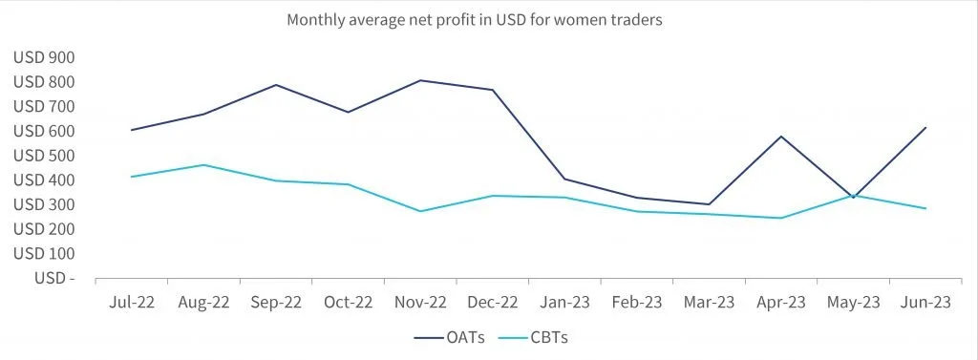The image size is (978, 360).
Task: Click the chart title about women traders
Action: (474, 21)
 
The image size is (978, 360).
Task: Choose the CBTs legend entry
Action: (534, 337)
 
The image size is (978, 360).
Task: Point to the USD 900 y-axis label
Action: (44, 58)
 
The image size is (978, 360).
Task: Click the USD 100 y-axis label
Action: (44, 254)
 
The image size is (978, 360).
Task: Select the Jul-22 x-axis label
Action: (131, 303)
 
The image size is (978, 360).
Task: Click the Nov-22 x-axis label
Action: (420, 303)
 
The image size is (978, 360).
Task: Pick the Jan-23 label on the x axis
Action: (565, 303)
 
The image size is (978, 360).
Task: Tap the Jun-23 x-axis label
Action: (926, 303)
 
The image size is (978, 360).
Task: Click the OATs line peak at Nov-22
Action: (420, 80)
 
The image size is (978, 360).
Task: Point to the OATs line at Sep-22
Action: (276, 85)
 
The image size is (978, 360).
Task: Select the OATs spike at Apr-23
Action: (781, 136)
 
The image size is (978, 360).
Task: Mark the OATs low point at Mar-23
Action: (710, 204)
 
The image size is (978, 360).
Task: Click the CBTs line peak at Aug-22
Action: (203, 164)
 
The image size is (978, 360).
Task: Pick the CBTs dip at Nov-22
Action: (420, 211)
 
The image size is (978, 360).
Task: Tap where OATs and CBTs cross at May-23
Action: (853, 196)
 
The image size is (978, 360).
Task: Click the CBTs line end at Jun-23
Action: (925, 208)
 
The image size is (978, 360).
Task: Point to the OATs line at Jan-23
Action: (564, 180)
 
